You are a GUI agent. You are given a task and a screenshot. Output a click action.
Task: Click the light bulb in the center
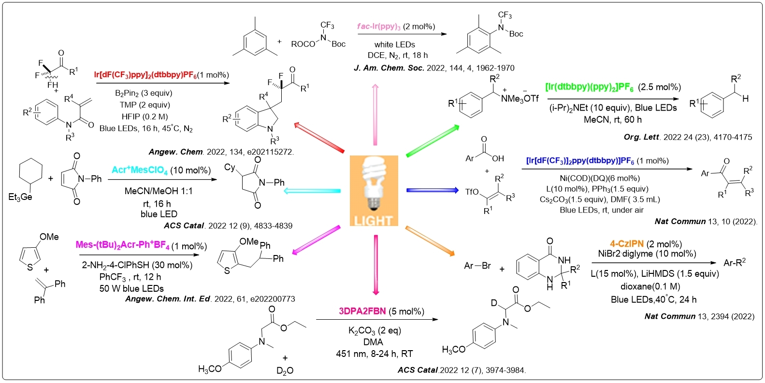tap(373, 184)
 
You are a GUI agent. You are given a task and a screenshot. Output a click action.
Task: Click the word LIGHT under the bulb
tap(373, 221)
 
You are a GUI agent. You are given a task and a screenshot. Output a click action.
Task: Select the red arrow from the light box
tap(319, 138)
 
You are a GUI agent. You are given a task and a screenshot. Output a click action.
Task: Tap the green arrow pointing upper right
tap(432, 140)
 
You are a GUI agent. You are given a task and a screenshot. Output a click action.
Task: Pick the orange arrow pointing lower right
tap(430, 240)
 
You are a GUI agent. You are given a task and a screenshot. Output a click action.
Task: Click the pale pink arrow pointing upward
tap(375, 114)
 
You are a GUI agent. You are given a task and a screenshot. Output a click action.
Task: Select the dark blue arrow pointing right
tap(432, 190)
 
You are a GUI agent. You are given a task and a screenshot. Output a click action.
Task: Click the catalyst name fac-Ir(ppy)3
tap(379, 27)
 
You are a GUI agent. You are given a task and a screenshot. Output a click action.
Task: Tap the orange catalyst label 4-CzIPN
tap(626, 244)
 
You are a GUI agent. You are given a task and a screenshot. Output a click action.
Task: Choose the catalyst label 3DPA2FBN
tap(362, 312)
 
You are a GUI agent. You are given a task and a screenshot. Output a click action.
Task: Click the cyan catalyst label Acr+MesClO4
tap(140, 170)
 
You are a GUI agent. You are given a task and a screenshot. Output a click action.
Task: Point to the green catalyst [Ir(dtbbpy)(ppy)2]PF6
tap(589, 87)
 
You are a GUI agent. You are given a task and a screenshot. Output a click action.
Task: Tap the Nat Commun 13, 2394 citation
tap(699, 316)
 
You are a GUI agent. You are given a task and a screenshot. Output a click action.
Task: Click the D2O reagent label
tap(285, 370)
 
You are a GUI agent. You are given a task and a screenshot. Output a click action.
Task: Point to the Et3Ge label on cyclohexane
tap(20, 197)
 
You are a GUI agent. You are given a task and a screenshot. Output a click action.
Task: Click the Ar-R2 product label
tap(735, 262)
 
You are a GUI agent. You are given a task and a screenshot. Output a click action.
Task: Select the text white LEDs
tap(394, 44)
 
